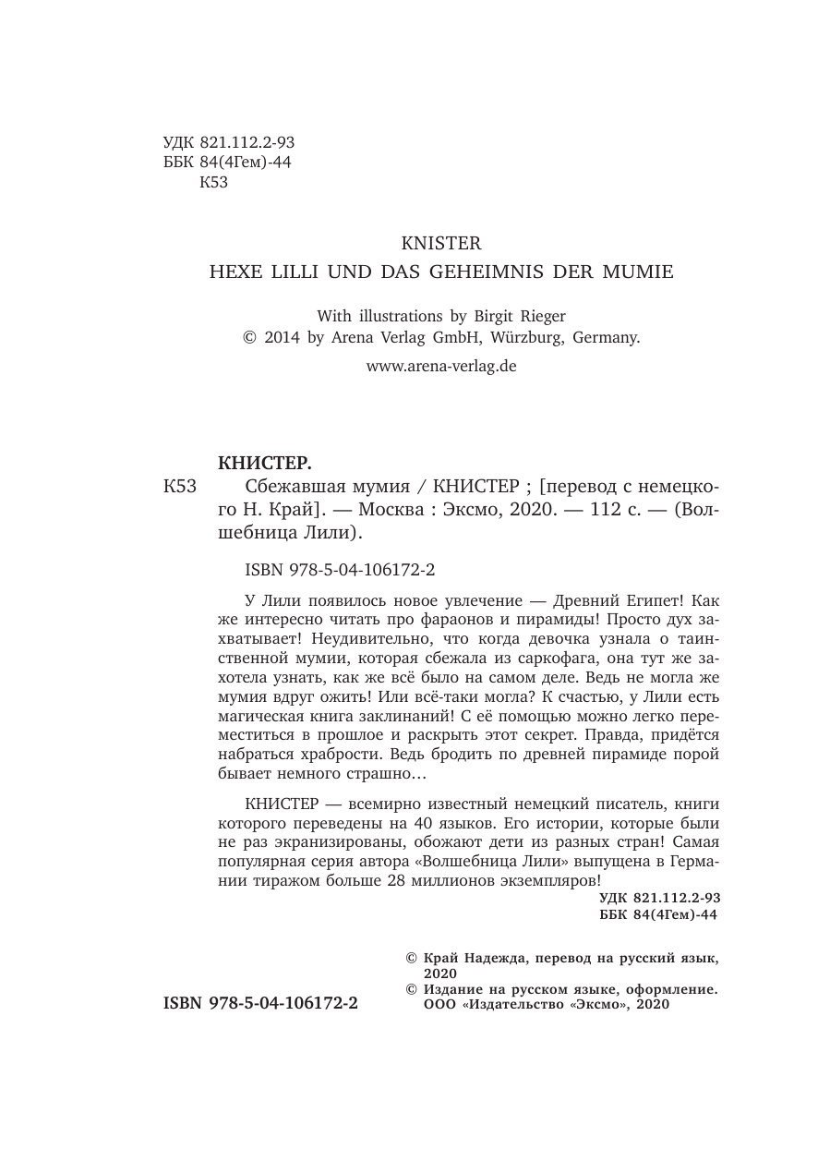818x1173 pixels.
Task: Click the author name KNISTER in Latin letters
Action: coord(441,244)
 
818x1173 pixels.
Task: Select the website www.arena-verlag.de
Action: coord(441,366)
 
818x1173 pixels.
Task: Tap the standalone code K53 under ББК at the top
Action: coord(213,182)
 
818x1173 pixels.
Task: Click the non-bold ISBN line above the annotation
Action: coord(329,571)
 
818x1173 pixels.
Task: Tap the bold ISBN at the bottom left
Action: coord(260,1002)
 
